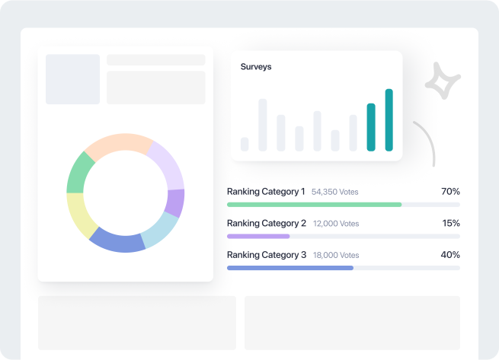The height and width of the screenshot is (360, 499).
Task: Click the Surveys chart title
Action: (256, 67)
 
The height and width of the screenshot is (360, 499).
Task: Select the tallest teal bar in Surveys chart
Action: (389, 120)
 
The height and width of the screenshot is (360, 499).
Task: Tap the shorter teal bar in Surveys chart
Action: (371, 128)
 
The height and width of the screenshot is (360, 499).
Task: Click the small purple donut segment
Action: (174, 203)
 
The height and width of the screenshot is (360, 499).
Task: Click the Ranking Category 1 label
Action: (266, 192)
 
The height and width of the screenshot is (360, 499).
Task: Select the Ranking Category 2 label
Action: (266, 224)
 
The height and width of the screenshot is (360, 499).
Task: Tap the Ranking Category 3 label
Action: (266, 256)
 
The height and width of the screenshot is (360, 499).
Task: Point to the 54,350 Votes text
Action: (335, 193)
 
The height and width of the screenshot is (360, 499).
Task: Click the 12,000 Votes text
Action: (335, 225)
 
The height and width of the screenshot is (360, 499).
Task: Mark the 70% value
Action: (450, 192)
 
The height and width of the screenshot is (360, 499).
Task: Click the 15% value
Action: (450, 224)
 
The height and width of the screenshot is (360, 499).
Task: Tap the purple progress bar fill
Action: (258, 236)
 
